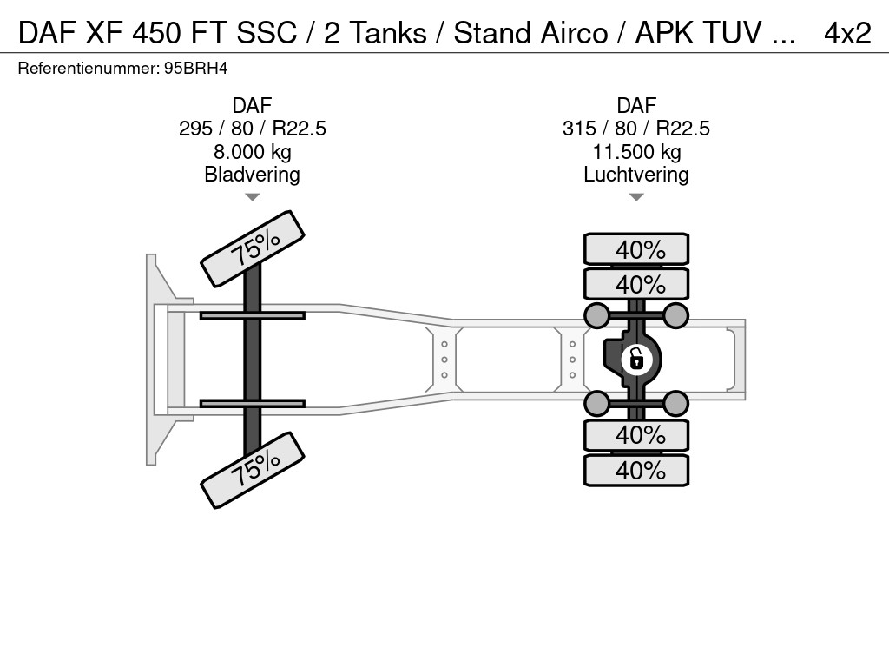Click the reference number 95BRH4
coord(195,69)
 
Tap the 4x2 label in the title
coord(847,33)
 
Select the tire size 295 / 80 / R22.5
coord(253,129)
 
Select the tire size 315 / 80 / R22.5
coord(636,129)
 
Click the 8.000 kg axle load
coord(253,152)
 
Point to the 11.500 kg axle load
coord(636,152)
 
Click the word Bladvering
coord(253,175)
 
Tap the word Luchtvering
coord(636,175)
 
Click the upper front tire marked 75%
coord(253,249)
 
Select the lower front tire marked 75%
coord(253,470)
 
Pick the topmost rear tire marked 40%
coord(636,249)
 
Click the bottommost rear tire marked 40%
coord(636,470)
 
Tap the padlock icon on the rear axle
coord(636,360)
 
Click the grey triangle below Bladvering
coord(253,197)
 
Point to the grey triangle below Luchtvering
coord(636,197)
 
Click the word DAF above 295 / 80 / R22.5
coord(253,105)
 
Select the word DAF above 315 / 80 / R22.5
coord(636,105)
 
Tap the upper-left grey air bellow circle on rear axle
coord(597,315)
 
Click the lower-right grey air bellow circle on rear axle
coord(675,403)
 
